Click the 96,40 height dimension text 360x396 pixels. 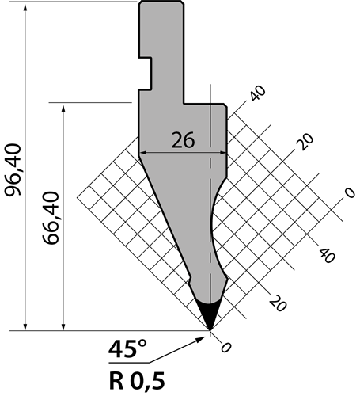tap(13, 169)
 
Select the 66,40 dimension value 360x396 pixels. tap(51, 218)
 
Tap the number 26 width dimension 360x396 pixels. tap(183, 140)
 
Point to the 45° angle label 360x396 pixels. tap(127, 348)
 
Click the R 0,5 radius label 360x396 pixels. tap(137, 381)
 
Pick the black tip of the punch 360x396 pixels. tap(210, 315)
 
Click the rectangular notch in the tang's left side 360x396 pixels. tap(146, 74)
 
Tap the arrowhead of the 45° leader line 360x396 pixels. tap(201, 339)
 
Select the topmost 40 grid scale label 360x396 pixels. tap(258, 93)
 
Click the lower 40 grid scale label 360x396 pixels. tap(328, 255)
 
